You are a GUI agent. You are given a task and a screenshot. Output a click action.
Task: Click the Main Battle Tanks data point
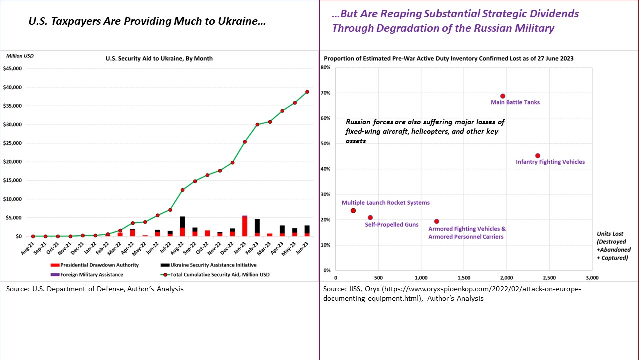point(503,96)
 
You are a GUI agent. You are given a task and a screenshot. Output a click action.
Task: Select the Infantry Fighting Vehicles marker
point(538,156)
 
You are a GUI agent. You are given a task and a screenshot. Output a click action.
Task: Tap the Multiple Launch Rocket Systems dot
point(353,211)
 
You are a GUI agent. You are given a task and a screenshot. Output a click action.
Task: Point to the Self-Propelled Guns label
point(392,225)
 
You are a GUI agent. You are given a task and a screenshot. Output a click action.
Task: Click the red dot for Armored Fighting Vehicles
point(437,221)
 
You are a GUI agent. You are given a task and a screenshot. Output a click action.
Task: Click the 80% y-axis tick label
point(326,68)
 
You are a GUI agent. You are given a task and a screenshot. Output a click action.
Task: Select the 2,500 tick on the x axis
point(549,277)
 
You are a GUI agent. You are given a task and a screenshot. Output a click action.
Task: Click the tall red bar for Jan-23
point(245,226)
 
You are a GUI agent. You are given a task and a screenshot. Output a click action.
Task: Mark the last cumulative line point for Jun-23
point(307,92)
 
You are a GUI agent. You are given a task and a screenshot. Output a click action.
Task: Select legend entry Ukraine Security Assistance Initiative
point(212,265)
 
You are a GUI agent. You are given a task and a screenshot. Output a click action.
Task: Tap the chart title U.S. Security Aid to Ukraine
point(159,58)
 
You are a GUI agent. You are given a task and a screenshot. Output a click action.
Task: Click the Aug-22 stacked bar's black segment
point(183,222)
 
